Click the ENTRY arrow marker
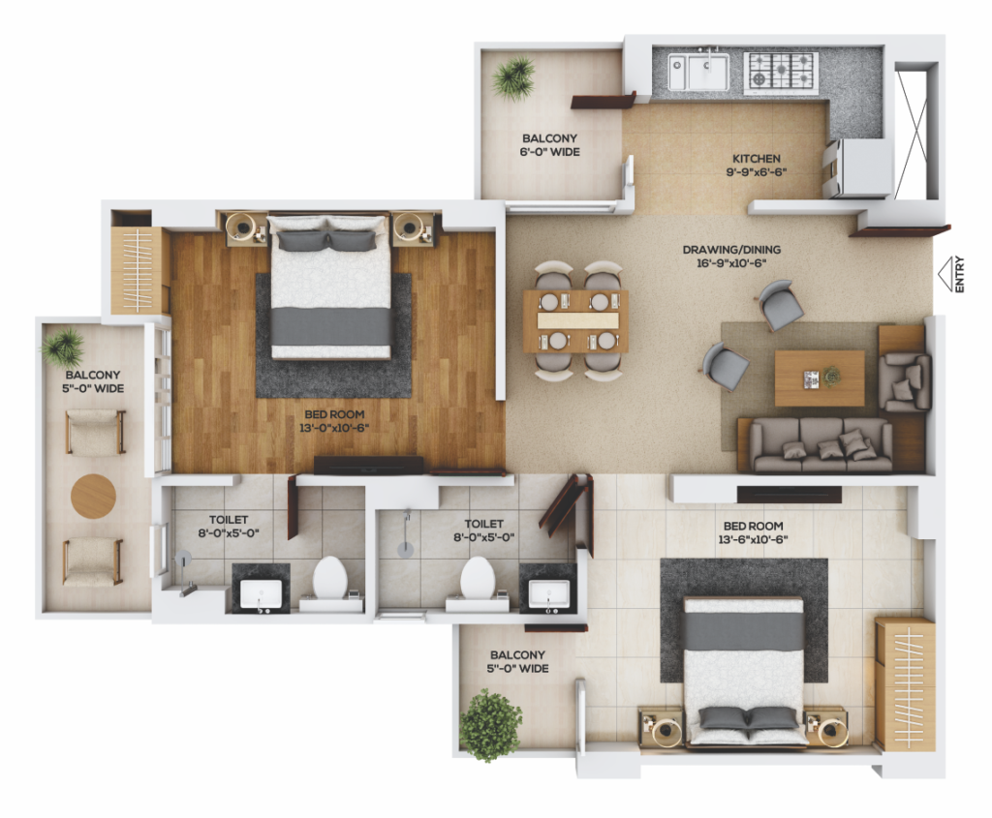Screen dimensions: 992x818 click(x=945, y=274)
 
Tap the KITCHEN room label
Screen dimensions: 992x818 click(x=756, y=159)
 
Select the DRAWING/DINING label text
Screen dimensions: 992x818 click(x=731, y=250)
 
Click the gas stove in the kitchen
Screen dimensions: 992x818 click(x=781, y=71)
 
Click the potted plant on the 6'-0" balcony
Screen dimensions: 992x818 click(x=513, y=78)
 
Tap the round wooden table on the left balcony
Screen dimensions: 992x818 click(x=93, y=497)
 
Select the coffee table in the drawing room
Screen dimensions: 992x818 click(x=820, y=379)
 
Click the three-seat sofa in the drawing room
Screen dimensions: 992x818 click(x=821, y=444)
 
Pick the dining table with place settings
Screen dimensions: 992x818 click(x=575, y=321)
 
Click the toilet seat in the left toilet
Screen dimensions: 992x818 click(x=330, y=577)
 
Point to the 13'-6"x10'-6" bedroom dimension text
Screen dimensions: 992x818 click(x=753, y=540)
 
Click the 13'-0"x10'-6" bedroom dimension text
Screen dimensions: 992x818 click(x=334, y=428)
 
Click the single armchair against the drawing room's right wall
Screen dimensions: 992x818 click(x=905, y=382)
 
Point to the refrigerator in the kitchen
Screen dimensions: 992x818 click(x=858, y=168)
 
